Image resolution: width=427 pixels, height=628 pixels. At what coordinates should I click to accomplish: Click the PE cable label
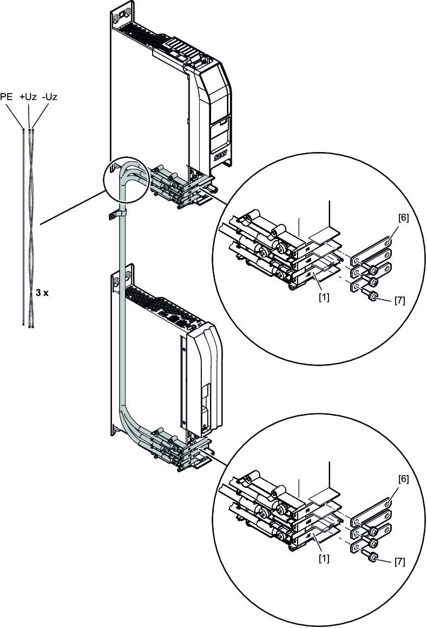point(8,97)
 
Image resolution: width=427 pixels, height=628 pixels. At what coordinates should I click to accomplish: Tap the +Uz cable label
point(28,97)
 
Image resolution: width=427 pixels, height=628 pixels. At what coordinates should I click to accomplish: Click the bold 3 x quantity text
point(42,292)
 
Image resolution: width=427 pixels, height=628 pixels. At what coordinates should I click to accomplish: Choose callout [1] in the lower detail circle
point(324,556)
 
